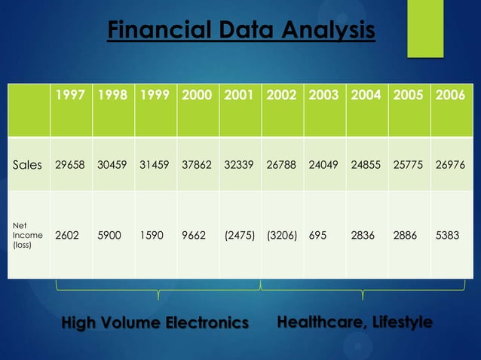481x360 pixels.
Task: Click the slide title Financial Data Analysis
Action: (x=240, y=32)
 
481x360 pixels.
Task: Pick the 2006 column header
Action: (x=451, y=96)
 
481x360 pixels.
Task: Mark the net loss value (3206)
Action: (x=282, y=234)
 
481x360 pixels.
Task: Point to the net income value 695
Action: (x=317, y=234)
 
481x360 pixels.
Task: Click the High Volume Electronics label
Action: (x=155, y=323)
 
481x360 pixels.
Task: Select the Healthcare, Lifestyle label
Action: (x=355, y=322)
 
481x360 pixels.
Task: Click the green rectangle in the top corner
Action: (x=425, y=28)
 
